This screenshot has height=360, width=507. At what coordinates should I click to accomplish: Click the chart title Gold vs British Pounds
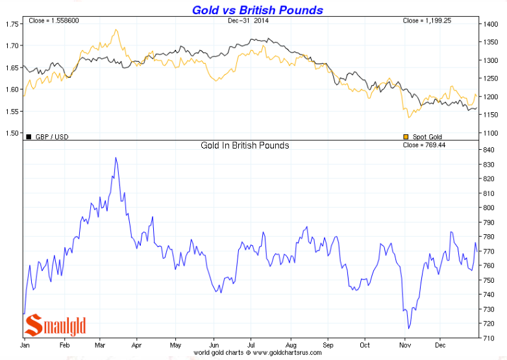(x=257, y=10)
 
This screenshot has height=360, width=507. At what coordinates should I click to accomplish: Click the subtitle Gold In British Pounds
(x=245, y=145)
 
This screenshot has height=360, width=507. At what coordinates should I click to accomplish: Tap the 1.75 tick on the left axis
(x=11, y=24)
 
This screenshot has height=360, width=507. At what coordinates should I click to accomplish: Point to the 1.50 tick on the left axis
(x=11, y=133)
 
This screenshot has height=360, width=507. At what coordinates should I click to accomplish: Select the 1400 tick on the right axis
(x=491, y=24)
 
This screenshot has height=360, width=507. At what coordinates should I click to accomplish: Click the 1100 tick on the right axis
(x=491, y=133)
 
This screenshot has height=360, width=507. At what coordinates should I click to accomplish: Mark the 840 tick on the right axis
(x=489, y=150)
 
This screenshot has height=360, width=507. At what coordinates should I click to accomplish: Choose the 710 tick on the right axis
(x=489, y=338)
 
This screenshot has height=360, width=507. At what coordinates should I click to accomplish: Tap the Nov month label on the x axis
(x=406, y=345)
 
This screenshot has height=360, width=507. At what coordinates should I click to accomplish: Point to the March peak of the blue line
(x=116, y=158)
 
